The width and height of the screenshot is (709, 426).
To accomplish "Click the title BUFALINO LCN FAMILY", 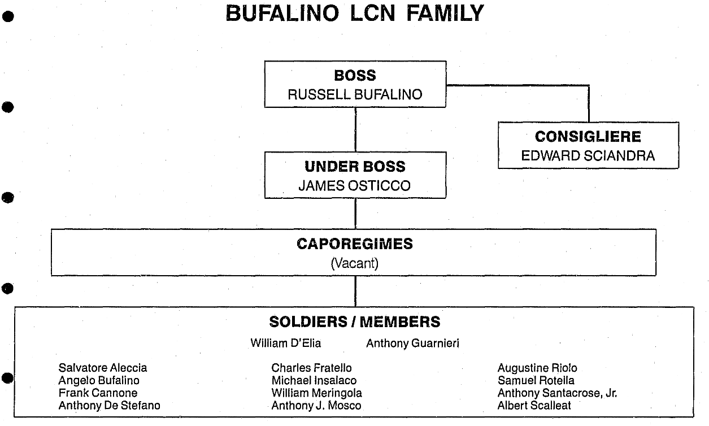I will tap(354, 13).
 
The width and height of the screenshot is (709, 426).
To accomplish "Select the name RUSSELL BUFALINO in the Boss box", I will tap(355, 94).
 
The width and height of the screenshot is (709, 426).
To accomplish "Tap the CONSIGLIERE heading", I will tap(588, 137).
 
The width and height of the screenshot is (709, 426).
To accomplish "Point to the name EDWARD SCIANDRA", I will tap(588, 156).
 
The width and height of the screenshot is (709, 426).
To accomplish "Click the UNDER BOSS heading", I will tap(355, 167).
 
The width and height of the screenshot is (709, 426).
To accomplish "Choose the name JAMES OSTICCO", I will tap(355, 186).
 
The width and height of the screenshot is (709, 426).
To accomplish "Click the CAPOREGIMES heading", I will tap(354, 244).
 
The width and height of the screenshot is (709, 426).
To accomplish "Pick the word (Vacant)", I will tap(354, 263).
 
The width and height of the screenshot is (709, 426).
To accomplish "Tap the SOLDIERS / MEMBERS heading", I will tap(354, 322).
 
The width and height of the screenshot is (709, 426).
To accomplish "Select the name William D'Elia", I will tap(285, 343).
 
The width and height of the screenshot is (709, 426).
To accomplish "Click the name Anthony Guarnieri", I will tap(412, 343).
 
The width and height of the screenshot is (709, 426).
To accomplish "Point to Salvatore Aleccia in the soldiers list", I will tap(102, 368).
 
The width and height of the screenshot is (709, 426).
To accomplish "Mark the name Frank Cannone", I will tap(98, 393).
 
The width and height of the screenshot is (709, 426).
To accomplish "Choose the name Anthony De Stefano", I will tap(109, 406).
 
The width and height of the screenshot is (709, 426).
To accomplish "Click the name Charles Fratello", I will tap(311, 368).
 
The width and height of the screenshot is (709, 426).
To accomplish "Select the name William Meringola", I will tap(316, 393).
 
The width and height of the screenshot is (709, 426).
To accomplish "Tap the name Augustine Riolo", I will tap(537, 368).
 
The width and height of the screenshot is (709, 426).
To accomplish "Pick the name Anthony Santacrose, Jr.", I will tap(557, 393).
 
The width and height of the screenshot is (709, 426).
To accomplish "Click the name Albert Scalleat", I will tap(534, 406).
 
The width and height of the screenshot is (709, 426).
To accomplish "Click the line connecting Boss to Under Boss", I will tap(355, 129).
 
